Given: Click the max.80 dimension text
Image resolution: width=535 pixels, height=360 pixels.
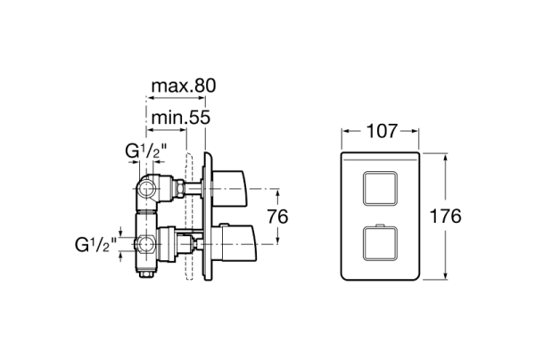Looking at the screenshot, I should coord(183,86).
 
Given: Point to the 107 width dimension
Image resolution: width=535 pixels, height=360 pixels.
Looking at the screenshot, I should coord(382,132).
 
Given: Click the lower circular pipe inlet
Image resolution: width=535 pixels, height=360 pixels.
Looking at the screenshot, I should coord(143,242).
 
